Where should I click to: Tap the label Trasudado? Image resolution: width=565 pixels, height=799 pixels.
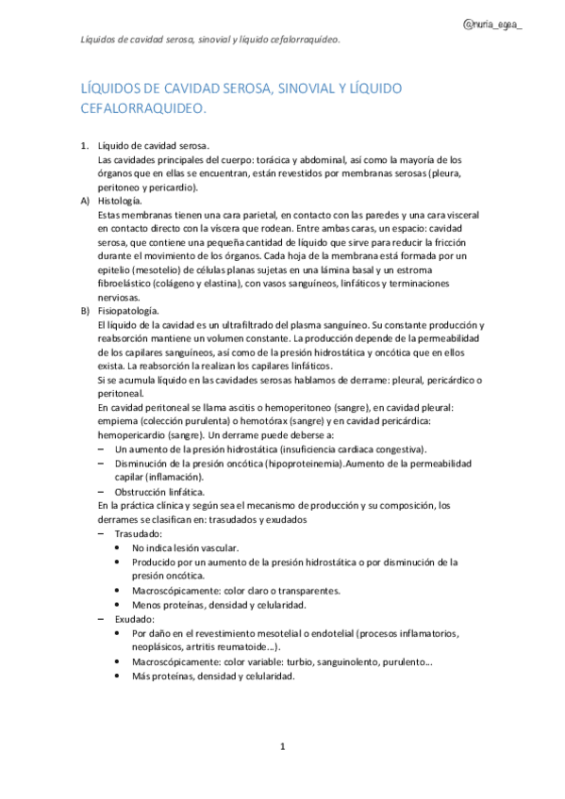[137, 533]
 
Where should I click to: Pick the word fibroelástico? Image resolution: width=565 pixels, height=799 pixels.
[130, 283]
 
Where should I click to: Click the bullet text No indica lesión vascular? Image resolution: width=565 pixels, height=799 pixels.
[186, 547]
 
